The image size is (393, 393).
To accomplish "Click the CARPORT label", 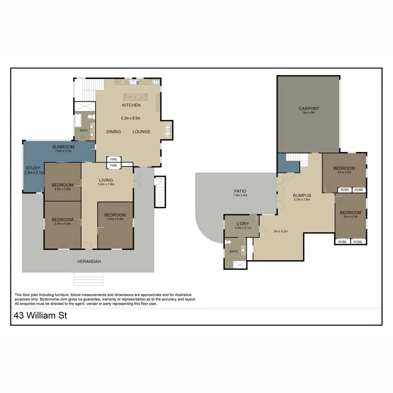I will tap(309, 108).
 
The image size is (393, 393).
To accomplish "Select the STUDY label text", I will tap(33, 168).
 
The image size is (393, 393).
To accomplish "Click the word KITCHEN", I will tap(131, 105).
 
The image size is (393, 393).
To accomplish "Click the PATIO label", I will tap(240, 191).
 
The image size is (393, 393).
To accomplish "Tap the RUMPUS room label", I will tap(302, 195).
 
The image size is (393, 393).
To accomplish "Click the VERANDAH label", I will tap(89, 261).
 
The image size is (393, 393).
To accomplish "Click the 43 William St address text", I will tap(40, 315).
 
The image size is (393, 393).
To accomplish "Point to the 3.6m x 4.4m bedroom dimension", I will tap(115, 219).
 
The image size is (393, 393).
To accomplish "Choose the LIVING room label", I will tap(106, 180).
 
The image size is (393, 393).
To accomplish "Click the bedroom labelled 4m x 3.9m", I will tap(344, 168).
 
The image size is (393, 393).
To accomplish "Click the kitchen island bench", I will tap(135, 96).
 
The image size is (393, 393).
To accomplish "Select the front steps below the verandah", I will tap(88, 279).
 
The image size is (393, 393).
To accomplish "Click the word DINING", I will tap(113, 132).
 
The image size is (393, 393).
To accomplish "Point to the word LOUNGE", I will tap(141, 132).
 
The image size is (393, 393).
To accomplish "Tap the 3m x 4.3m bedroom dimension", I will tap(350, 217).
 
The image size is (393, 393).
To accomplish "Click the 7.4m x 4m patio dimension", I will tap(240, 195).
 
